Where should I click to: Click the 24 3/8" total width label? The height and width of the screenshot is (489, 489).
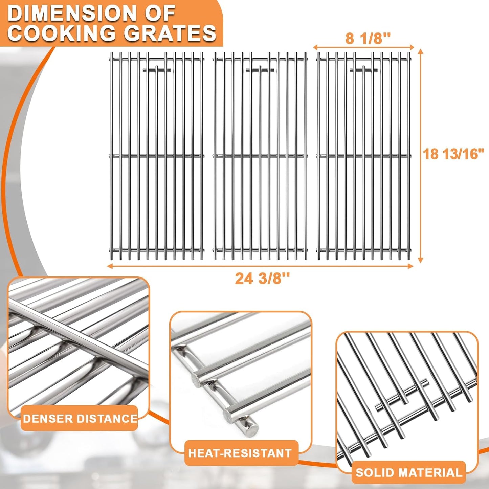[x=262, y=279]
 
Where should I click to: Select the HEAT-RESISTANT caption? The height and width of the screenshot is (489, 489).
[x=240, y=453]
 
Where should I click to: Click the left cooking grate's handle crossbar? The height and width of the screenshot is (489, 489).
[x=157, y=70]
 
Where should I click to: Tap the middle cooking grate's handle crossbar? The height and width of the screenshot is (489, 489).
[x=260, y=70]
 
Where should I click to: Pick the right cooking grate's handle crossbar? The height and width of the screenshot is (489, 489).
[x=364, y=70]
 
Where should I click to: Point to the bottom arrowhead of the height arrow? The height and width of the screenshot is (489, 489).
[x=420, y=260]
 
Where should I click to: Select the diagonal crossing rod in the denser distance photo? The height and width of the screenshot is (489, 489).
[x=79, y=345]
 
